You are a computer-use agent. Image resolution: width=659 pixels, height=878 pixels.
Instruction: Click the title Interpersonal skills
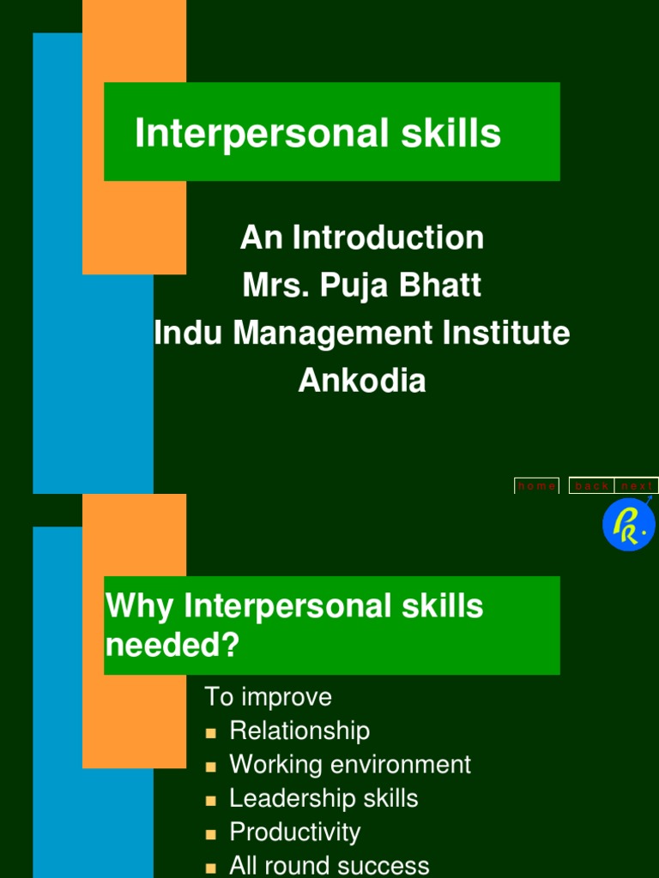[317, 135]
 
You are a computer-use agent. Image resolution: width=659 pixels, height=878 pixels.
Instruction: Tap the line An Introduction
[361, 238]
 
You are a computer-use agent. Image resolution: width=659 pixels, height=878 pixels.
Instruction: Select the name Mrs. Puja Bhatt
[361, 286]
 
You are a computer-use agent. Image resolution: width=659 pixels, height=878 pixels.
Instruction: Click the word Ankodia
[361, 380]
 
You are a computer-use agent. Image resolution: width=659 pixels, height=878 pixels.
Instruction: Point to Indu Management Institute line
[361, 333]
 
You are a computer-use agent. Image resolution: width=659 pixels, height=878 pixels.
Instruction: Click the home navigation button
[536, 486]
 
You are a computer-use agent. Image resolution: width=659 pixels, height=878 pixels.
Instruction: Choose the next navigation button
[637, 486]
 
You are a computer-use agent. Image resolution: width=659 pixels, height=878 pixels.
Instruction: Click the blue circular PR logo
[628, 525]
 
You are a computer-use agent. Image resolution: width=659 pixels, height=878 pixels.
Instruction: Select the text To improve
[268, 697]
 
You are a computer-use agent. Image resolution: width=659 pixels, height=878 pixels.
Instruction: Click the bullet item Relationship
[299, 731]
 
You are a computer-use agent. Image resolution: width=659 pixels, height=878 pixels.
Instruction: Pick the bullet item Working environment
[350, 764]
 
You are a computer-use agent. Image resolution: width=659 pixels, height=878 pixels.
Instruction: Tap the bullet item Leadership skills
[323, 798]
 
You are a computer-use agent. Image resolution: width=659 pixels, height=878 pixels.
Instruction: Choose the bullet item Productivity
[294, 832]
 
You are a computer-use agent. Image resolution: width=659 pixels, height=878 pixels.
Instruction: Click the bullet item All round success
[329, 865]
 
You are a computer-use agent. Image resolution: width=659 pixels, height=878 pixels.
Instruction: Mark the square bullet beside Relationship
[211, 733]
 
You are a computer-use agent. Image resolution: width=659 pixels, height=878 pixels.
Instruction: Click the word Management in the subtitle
[331, 333]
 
